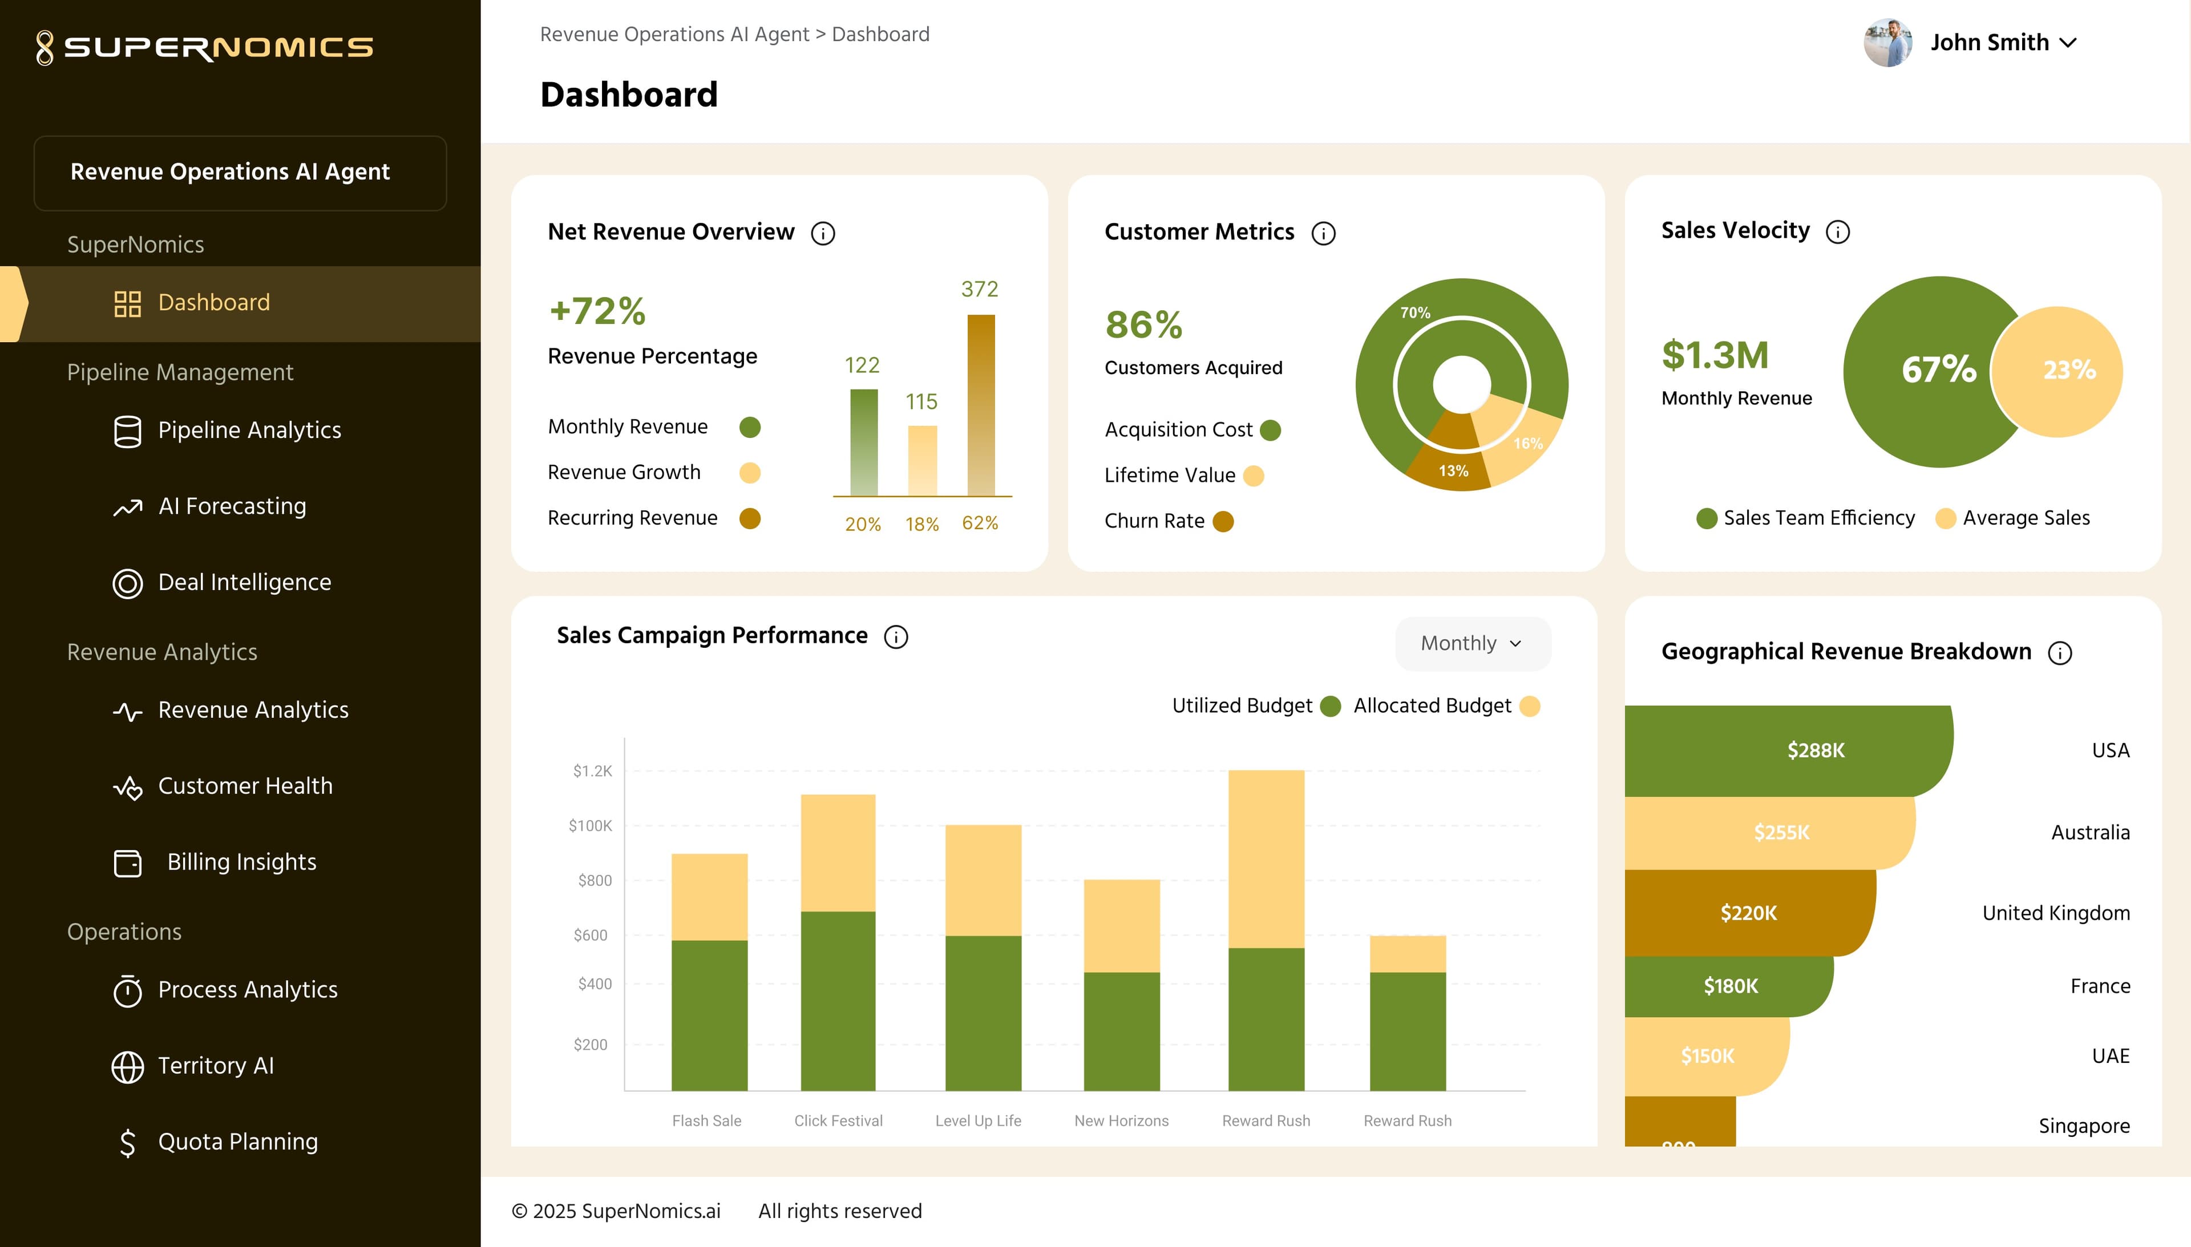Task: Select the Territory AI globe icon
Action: (128, 1066)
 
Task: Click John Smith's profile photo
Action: (1887, 43)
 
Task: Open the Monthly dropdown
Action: (1472, 643)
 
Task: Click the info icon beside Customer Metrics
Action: (1323, 233)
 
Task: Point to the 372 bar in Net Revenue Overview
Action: (981, 405)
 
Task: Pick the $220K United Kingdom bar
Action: (1750, 913)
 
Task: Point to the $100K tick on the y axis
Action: (591, 826)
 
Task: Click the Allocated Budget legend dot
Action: (1530, 706)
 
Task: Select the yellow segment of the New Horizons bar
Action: (1122, 926)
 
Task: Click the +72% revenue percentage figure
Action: (597, 311)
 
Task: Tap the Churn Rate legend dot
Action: (1224, 522)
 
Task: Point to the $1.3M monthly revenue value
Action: (1715, 355)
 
